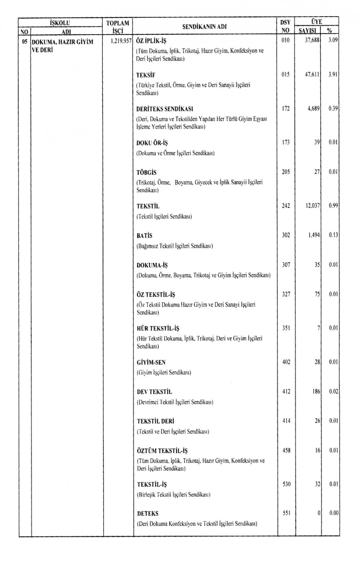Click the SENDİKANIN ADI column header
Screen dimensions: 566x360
click(x=204, y=26)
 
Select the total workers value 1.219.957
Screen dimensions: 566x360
click(x=120, y=41)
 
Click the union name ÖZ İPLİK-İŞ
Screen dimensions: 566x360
click(x=151, y=41)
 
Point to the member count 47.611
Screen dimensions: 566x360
click(x=312, y=75)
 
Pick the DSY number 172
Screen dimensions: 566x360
click(x=285, y=108)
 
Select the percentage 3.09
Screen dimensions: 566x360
click(x=333, y=41)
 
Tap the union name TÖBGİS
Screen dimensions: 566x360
click(x=147, y=173)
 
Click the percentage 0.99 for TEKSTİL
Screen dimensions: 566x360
click(x=333, y=206)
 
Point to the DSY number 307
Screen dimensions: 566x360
click(x=285, y=265)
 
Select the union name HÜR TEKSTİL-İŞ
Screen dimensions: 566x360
click(x=158, y=329)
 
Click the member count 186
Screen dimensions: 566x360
click(x=316, y=391)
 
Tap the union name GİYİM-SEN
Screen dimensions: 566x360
click(x=151, y=362)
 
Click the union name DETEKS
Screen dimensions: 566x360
click(x=148, y=513)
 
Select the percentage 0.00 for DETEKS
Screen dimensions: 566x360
click(x=333, y=513)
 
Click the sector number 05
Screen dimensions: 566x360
click(x=24, y=41)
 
